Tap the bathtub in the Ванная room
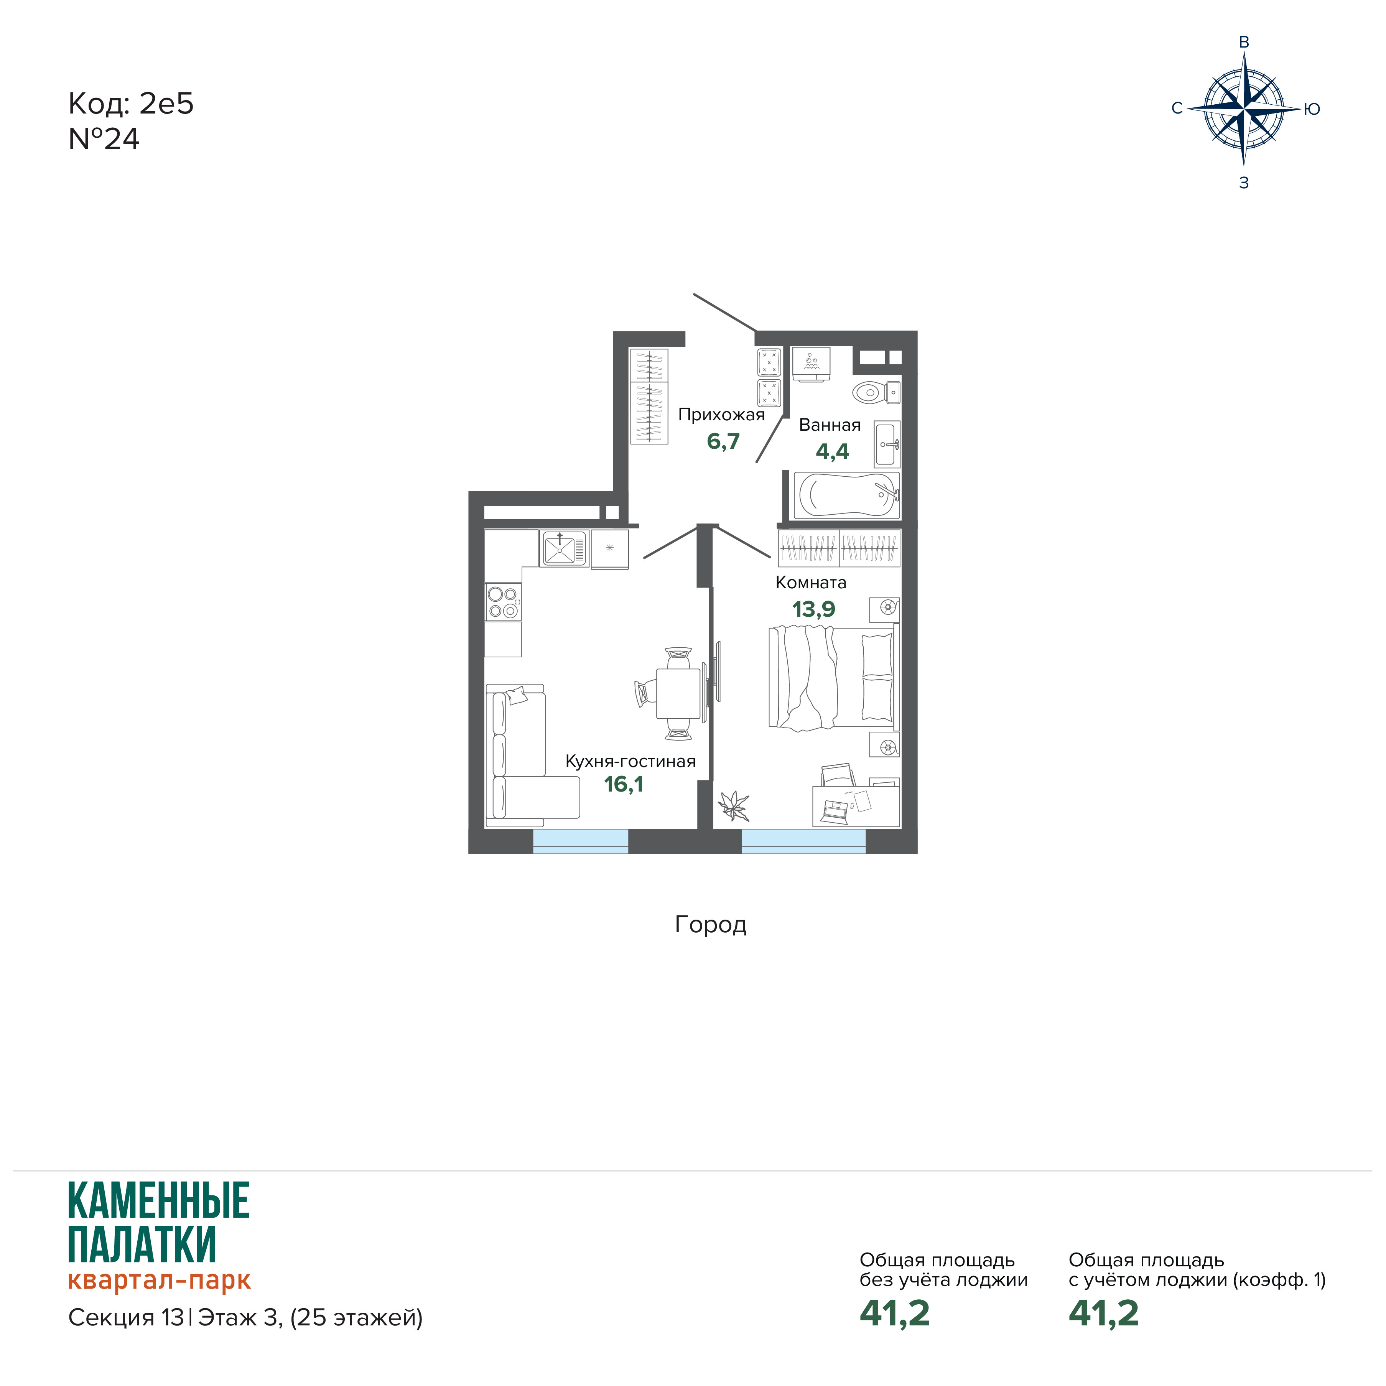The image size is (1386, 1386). [846, 495]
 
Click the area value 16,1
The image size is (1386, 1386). [624, 784]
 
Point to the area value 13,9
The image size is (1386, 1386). [813, 609]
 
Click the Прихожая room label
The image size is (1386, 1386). [722, 415]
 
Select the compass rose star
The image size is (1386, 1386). [1244, 109]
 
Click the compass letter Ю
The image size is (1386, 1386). [1312, 109]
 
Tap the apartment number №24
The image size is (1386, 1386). [104, 139]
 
